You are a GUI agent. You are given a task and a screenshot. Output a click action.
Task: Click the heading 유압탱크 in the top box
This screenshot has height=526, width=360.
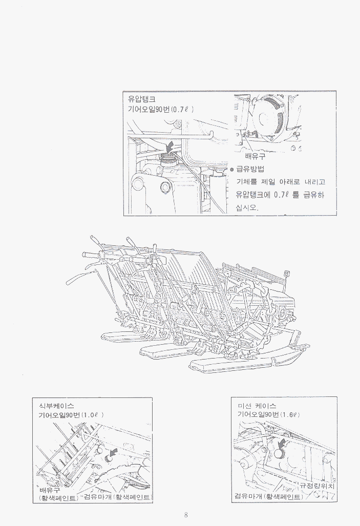141,100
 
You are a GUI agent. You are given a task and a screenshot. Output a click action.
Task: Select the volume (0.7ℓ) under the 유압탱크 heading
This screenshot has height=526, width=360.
182,110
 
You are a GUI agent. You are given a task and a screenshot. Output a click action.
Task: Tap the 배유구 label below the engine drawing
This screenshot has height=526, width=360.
256,157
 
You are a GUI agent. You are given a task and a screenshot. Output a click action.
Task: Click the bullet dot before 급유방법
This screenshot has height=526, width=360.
231,170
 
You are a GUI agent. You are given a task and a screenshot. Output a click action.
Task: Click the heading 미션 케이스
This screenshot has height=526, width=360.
254,405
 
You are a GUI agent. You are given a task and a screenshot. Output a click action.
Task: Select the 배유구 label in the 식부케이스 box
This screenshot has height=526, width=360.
49,490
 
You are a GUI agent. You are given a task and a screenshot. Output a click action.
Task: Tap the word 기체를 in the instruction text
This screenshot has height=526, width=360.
245,182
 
